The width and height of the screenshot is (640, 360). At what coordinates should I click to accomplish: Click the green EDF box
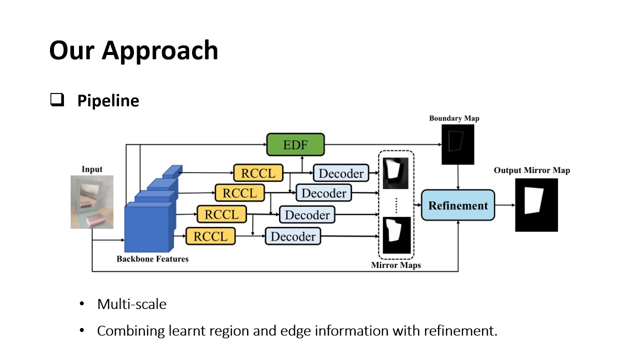[x=295, y=145]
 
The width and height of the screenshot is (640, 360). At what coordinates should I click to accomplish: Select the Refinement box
[x=457, y=205]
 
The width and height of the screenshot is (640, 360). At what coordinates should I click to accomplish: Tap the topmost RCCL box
[x=257, y=173]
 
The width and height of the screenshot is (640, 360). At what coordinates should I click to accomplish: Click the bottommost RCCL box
[x=210, y=236]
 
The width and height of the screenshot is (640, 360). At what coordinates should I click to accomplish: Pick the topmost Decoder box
[x=341, y=173]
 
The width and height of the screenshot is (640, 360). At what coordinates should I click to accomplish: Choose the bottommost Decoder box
[x=293, y=236]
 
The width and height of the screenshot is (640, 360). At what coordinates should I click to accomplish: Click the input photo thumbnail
[x=92, y=201]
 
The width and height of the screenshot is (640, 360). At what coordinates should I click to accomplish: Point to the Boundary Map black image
[x=457, y=144]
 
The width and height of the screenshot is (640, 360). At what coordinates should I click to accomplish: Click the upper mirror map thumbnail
[x=395, y=173]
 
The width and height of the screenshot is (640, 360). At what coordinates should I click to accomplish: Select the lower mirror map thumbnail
[x=396, y=235]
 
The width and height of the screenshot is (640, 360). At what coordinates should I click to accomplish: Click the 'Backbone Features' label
[x=152, y=259]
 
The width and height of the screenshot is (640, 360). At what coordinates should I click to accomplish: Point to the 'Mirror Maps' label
[x=396, y=265]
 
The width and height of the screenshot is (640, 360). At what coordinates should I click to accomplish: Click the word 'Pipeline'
[x=108, y=101]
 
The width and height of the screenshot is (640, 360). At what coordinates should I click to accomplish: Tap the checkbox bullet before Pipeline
[x=56, y=100]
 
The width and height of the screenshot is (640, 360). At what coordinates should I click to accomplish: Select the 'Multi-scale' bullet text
[x=132, y=304]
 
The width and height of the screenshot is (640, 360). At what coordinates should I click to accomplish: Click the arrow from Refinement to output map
[x=505, y=205]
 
